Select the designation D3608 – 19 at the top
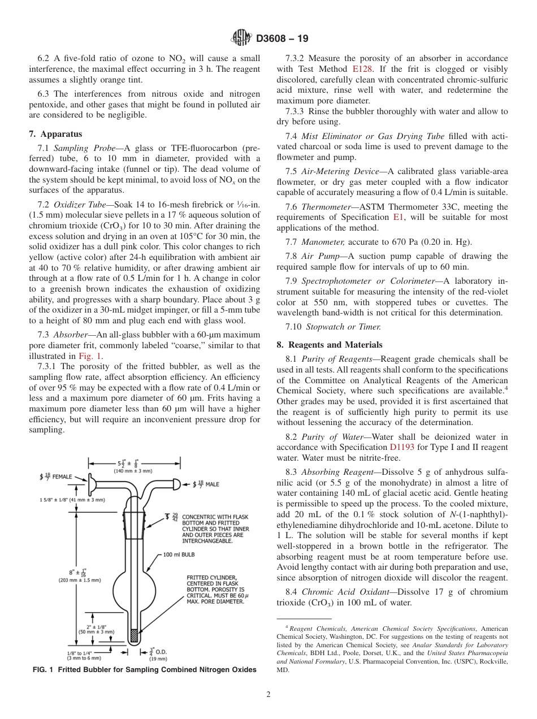click(282, 40)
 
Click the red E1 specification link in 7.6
click(399, 217)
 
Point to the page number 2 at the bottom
click(268, 695)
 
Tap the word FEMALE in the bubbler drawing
click(62, 477)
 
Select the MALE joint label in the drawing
click(212, 484)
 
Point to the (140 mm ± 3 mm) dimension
click(133, 470)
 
